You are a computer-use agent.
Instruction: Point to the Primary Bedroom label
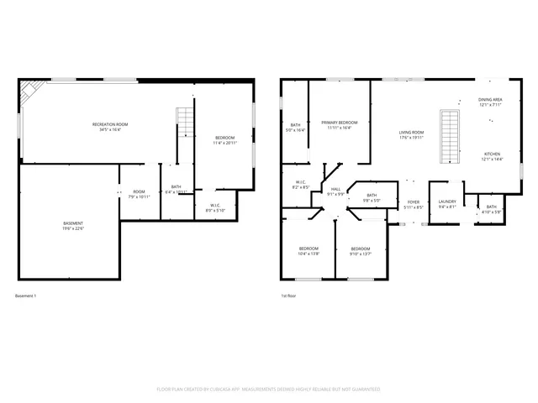pyautogui.click(x=340, y=125)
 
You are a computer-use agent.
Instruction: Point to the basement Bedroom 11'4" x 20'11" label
pyautogui.click(x=224, y=140)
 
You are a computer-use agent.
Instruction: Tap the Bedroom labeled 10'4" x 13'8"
pyautogui.click(x=309, y=251)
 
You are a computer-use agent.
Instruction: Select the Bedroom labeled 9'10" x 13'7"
pyautogui.click(x=360, y=251)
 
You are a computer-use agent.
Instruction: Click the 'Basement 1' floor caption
pyautogui.click(x=26, y=296)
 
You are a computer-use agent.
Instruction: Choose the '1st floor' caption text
pyautogui.click(x=288, y=296)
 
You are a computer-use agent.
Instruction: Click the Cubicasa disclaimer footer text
pyautogui.click(x=268, y=390)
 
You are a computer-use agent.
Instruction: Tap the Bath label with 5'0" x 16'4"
pyautogui.click(x=296, y=128)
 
